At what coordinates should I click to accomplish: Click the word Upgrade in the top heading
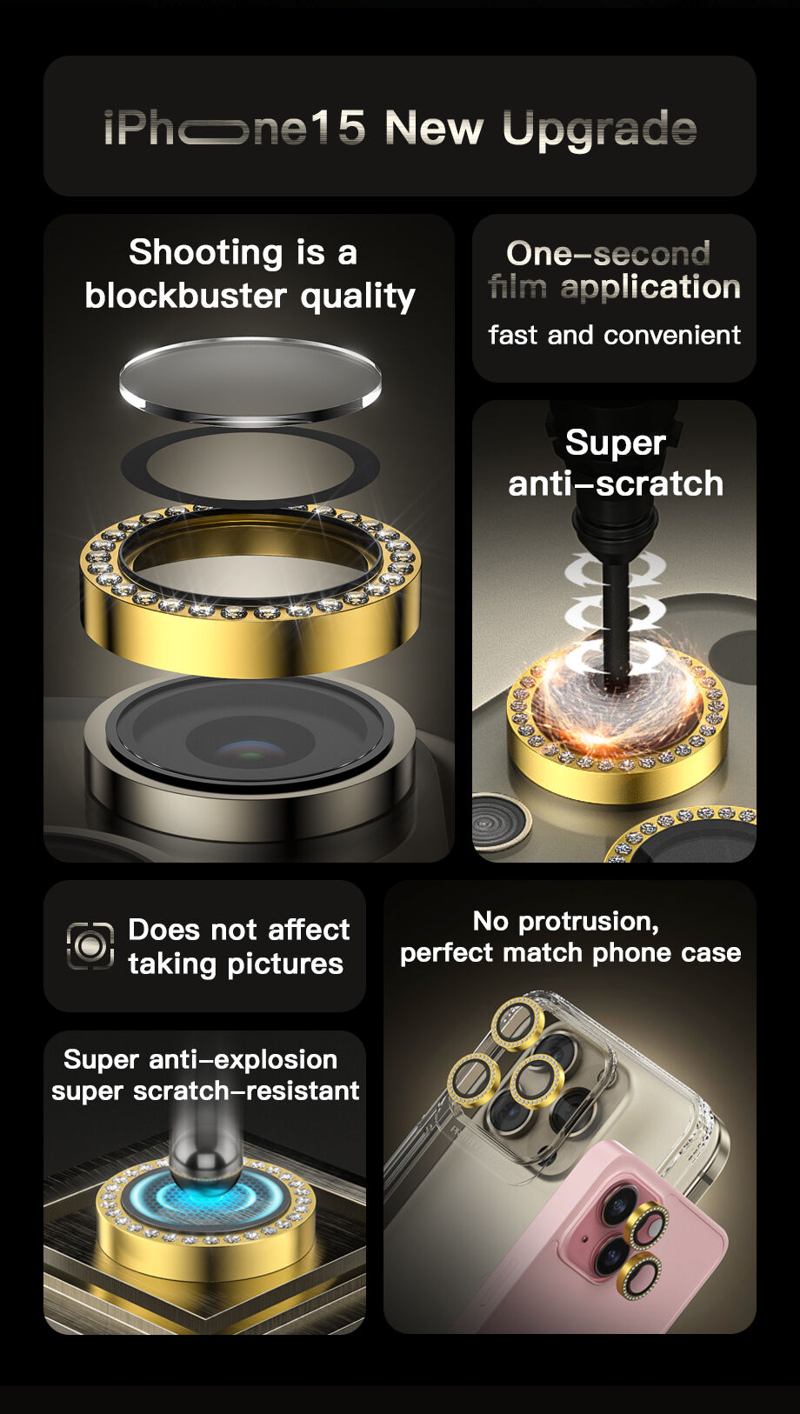coord(599,130)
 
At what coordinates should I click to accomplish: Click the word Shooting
coord(205,253)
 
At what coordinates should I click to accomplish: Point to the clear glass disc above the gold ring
coord(250,377)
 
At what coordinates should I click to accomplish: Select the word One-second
coord(608,254)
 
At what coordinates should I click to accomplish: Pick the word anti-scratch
coord(615,484)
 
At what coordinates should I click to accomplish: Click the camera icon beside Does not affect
coord(90,945)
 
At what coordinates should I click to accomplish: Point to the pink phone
coord(643,1244)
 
